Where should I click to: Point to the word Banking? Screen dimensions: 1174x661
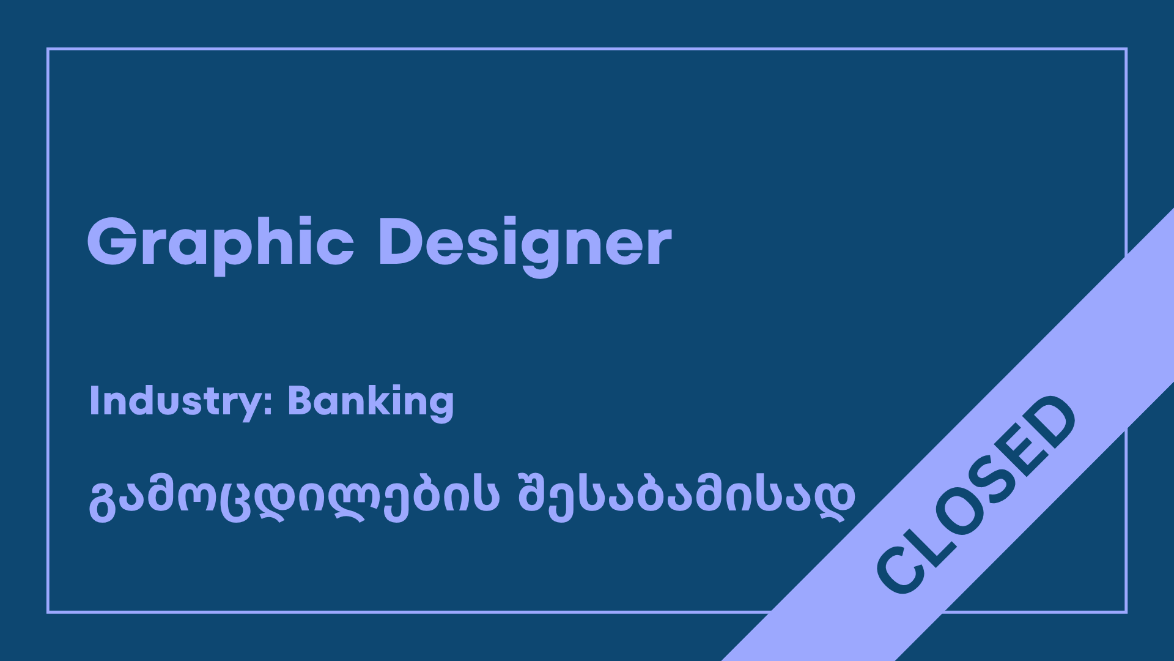coord(371,402)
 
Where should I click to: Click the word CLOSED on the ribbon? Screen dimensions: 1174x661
coord(976,495)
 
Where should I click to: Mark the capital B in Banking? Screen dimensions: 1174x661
coord(301,400)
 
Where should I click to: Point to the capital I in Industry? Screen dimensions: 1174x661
coord(94,400)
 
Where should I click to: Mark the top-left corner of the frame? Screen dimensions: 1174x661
coord(48,49)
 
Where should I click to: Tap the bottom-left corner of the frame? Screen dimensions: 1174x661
coord(48,612)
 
